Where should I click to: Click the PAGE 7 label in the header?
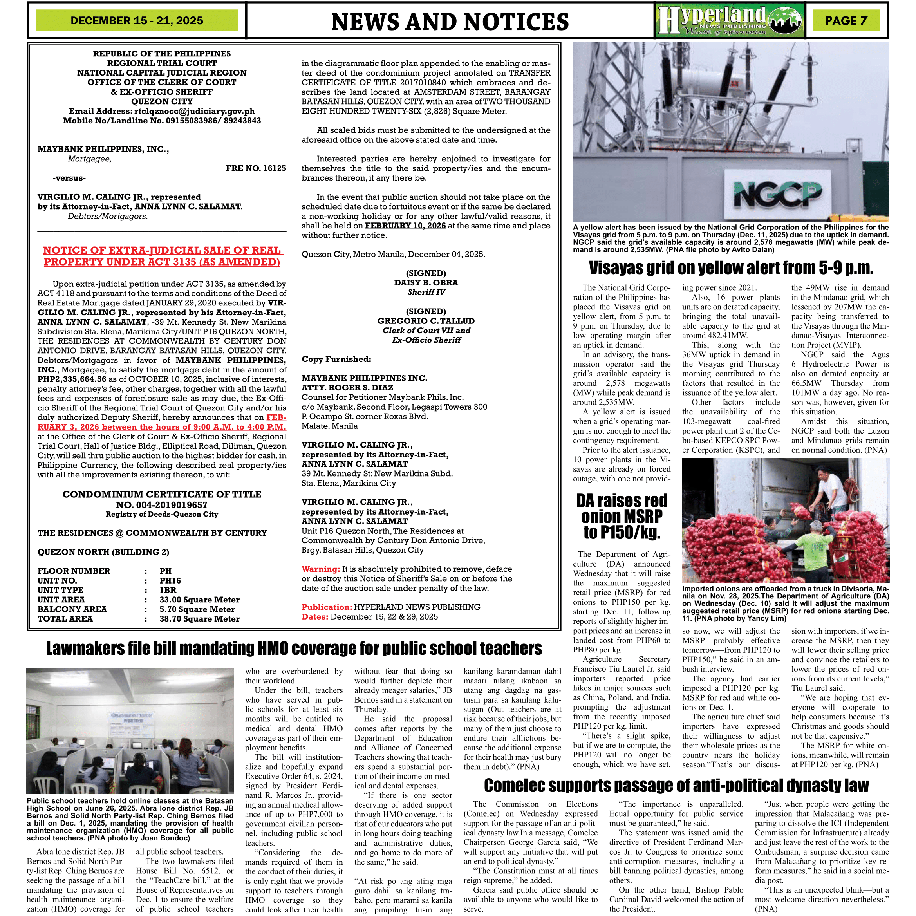[x=846, y=21]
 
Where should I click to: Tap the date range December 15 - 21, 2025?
[x=137, y=21]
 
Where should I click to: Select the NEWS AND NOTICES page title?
[x=450, y=22]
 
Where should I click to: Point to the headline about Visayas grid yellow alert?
[x=731, y=268]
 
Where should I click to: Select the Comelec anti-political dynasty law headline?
[x=676, y=786]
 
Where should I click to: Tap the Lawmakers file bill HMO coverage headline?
[x=294, y=649]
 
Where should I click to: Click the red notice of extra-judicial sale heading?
[x=162, y=256]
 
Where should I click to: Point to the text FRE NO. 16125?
[x=256, y=168]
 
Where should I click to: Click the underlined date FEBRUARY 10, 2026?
[x=405, y=226]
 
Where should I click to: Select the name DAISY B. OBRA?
[x=426, y=283]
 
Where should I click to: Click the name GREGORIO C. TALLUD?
[x=426, y=321]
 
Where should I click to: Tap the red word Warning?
[x=320, y=569]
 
